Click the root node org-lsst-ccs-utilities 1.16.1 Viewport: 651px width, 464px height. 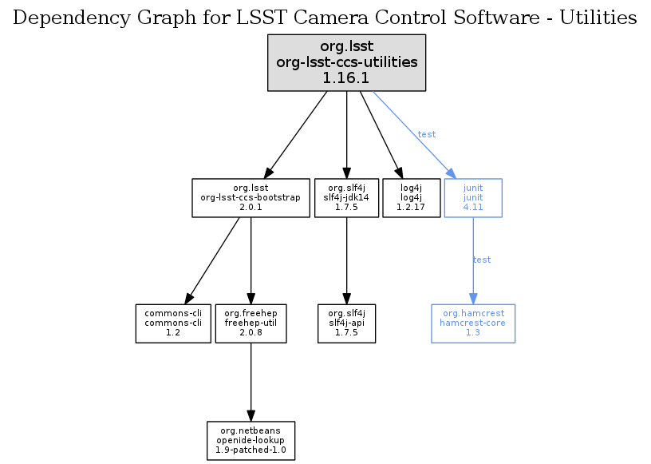(x=346, y=61)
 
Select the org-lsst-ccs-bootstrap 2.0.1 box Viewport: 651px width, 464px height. (x=251, y=197)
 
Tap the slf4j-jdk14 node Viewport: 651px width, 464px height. (x=346, y=197)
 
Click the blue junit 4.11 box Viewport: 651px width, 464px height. (x=473, y=197)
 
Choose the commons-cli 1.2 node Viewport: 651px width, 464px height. (x=172, y=323)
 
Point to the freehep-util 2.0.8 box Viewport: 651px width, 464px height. (x=251, y=323)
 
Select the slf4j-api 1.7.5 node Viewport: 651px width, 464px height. (x=346, y=323)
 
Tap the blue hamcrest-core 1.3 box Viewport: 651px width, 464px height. (x=473, y=323)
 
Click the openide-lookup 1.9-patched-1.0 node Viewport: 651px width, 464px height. (x=251, y=441)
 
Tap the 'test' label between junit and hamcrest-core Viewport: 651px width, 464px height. (x=482, y=260)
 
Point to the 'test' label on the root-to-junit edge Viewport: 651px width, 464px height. (x=427, y=134)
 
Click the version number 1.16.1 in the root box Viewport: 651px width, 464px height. (x=346, y=77)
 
